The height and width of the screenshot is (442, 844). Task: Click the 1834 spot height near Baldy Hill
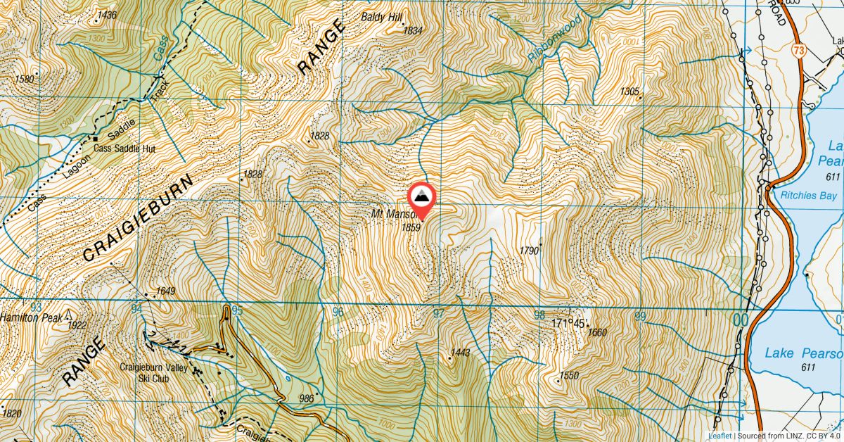click(413, 30)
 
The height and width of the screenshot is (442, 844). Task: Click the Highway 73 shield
click(797, 51)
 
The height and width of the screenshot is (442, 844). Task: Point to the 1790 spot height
click(529, 251)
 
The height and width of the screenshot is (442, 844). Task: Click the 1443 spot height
click(461, 352)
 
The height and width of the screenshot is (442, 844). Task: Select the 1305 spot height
click(629, 91)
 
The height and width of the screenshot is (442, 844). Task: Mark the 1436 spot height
click(107, 15)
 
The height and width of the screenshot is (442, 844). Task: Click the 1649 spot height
click(165, 291)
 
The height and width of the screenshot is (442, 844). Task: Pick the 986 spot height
click(306, 398)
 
